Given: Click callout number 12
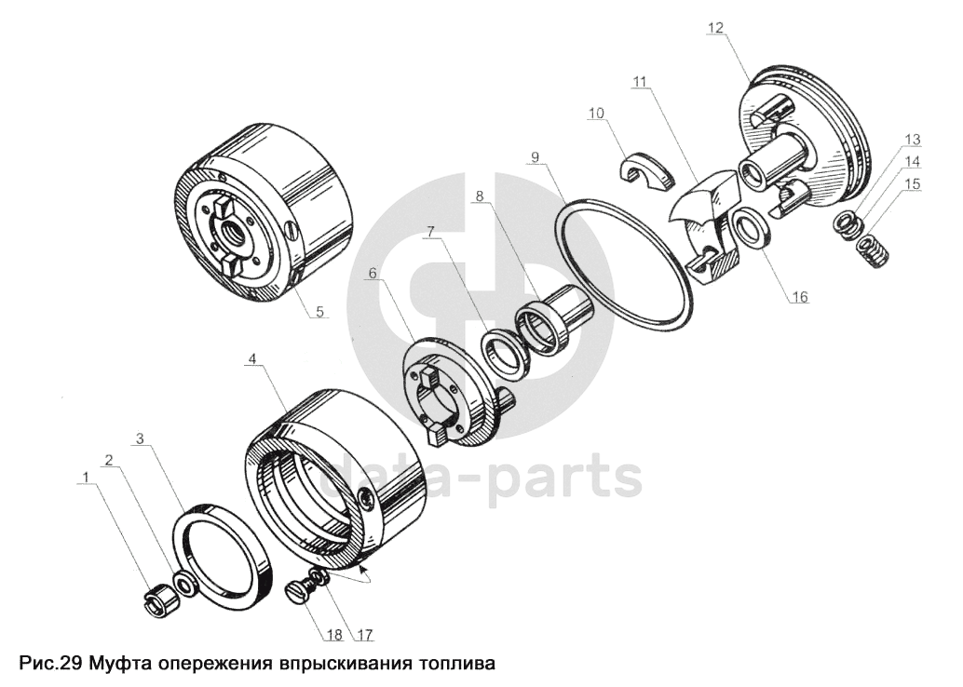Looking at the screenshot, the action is [x=716, y=28].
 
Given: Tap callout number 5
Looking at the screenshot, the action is [x=319, y=311].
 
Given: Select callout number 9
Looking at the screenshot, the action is [x=535, y=157].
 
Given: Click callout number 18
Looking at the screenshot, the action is [x=334, y=634].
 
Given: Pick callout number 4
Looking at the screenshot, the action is [x=251, y=358].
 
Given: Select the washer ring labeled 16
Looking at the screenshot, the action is [x=748, y=230].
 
